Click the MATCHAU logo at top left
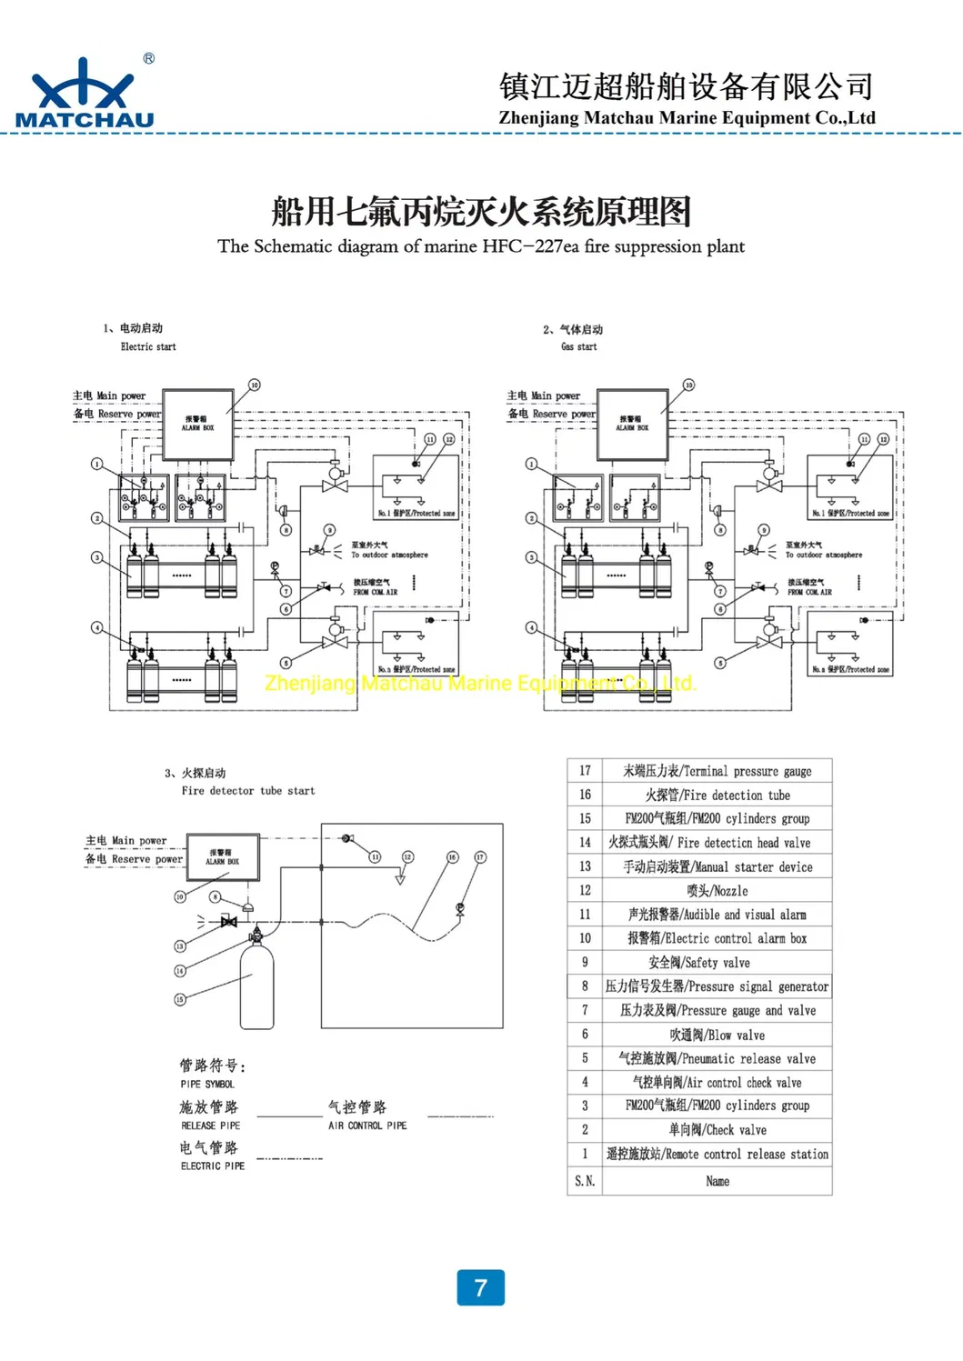85,94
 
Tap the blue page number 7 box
480,1287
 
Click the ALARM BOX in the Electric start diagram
197,424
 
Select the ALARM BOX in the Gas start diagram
632,424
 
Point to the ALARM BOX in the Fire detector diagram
222,857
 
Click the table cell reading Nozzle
717,891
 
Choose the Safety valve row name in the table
717,963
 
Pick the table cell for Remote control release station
717,1155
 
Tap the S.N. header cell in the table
585,1181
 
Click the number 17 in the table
585,771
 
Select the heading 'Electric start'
148,346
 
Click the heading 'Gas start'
579,346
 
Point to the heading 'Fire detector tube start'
248,791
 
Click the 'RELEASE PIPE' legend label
211,1126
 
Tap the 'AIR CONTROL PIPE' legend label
367,1126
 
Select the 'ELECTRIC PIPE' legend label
213,1166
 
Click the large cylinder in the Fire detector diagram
256,986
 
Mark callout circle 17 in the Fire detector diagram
480,856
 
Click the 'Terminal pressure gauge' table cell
717,771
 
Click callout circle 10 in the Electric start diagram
255,385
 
